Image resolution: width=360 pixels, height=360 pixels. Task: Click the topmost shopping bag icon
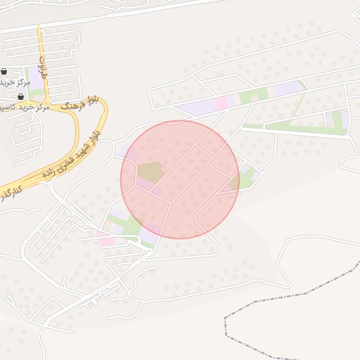point(5,72)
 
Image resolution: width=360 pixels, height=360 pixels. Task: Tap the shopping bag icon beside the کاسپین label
point(20,96)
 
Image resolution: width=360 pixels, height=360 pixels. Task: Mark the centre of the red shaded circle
point(180,179)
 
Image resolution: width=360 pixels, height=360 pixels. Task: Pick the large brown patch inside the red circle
point(149,171)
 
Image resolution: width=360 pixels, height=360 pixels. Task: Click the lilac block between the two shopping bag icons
point(12,84)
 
